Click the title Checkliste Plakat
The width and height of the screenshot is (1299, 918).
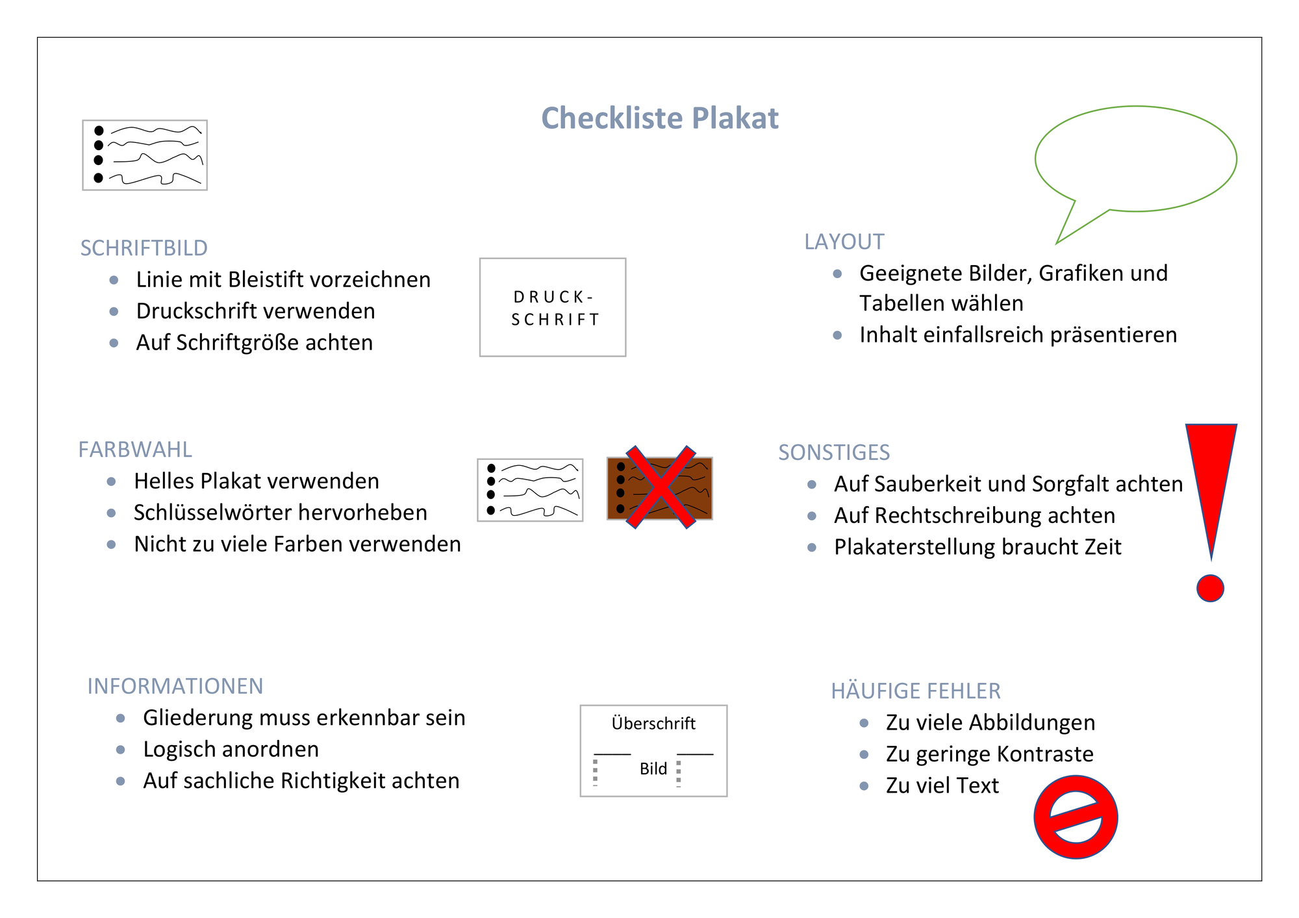(660, 119)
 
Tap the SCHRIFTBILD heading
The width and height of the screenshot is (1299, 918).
(144, 248)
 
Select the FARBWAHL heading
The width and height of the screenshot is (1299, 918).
(135, 450)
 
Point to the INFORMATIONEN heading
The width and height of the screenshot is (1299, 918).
(175, 686)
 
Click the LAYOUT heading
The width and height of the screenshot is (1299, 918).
(844, 242)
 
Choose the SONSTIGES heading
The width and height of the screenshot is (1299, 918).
(834, 452)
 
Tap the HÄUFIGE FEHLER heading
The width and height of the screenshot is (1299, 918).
(916, 690)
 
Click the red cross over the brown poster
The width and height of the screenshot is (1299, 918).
(661, 487)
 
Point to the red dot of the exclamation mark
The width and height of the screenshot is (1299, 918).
(1210, 588)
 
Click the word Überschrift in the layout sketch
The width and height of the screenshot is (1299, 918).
(653, 723)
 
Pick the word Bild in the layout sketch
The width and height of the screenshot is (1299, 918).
(653, 769)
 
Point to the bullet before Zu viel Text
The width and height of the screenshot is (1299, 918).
(864, 785)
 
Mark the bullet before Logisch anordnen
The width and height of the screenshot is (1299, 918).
(120, 750)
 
